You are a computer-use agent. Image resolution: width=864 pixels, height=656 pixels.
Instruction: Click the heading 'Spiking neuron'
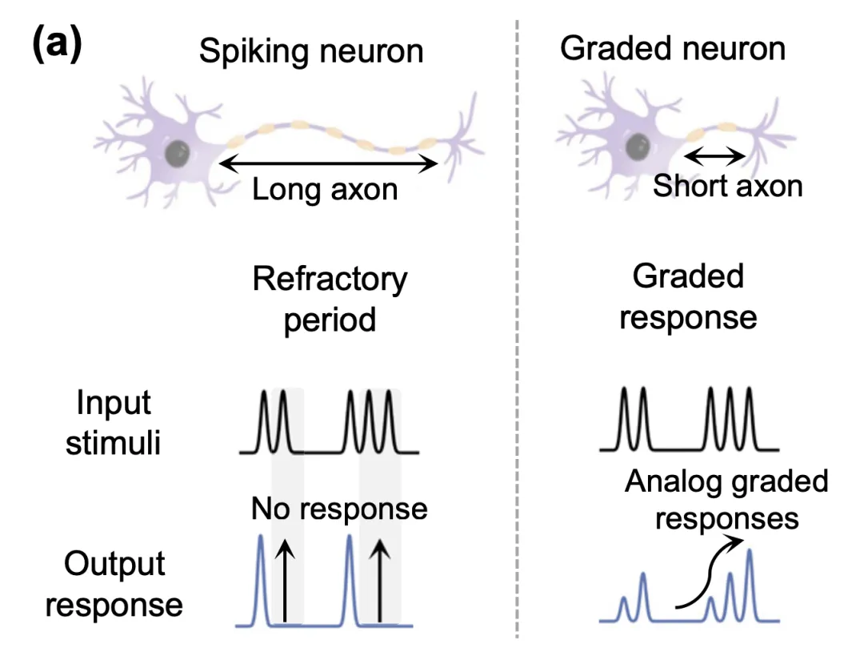tap(311, 51)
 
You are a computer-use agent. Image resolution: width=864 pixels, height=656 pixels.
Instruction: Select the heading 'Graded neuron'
tap(673, 48)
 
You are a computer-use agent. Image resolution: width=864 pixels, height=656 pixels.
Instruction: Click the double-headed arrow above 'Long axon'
tap(328, 164)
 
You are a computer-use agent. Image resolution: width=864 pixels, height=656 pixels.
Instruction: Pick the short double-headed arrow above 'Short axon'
tap(716, 156)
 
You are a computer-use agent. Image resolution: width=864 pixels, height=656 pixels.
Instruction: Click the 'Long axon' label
tap(325, 191)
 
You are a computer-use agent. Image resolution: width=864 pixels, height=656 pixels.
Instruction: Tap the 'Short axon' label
tap(727, 186)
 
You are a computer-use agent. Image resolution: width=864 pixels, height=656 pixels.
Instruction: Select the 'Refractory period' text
tap(330, 300)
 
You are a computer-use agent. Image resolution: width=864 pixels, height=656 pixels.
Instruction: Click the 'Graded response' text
tap(688, 296)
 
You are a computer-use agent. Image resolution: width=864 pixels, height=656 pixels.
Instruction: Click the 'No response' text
tap(339, 509)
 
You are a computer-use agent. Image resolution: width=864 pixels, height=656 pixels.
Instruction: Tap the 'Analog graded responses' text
tap(726, 500)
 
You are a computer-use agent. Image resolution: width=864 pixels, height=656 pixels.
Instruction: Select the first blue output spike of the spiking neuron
tap(261, 577)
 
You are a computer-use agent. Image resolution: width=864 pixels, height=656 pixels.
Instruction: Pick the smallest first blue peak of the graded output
tap(625, 609)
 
